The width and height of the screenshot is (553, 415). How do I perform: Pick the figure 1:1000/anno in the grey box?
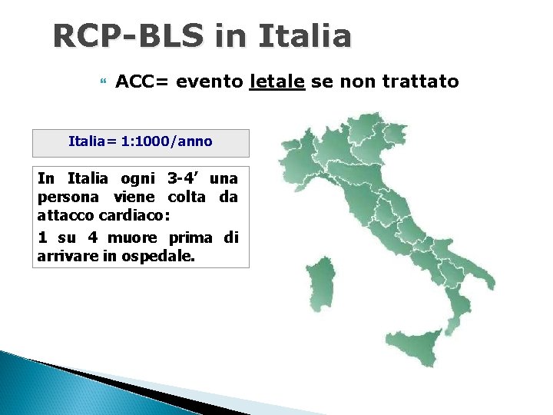pos(164,141)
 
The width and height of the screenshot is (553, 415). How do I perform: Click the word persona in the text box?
pos(61,197)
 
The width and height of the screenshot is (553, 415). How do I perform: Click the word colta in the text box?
pos(187,197)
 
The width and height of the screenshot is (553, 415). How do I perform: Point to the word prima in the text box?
pos(190,237)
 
